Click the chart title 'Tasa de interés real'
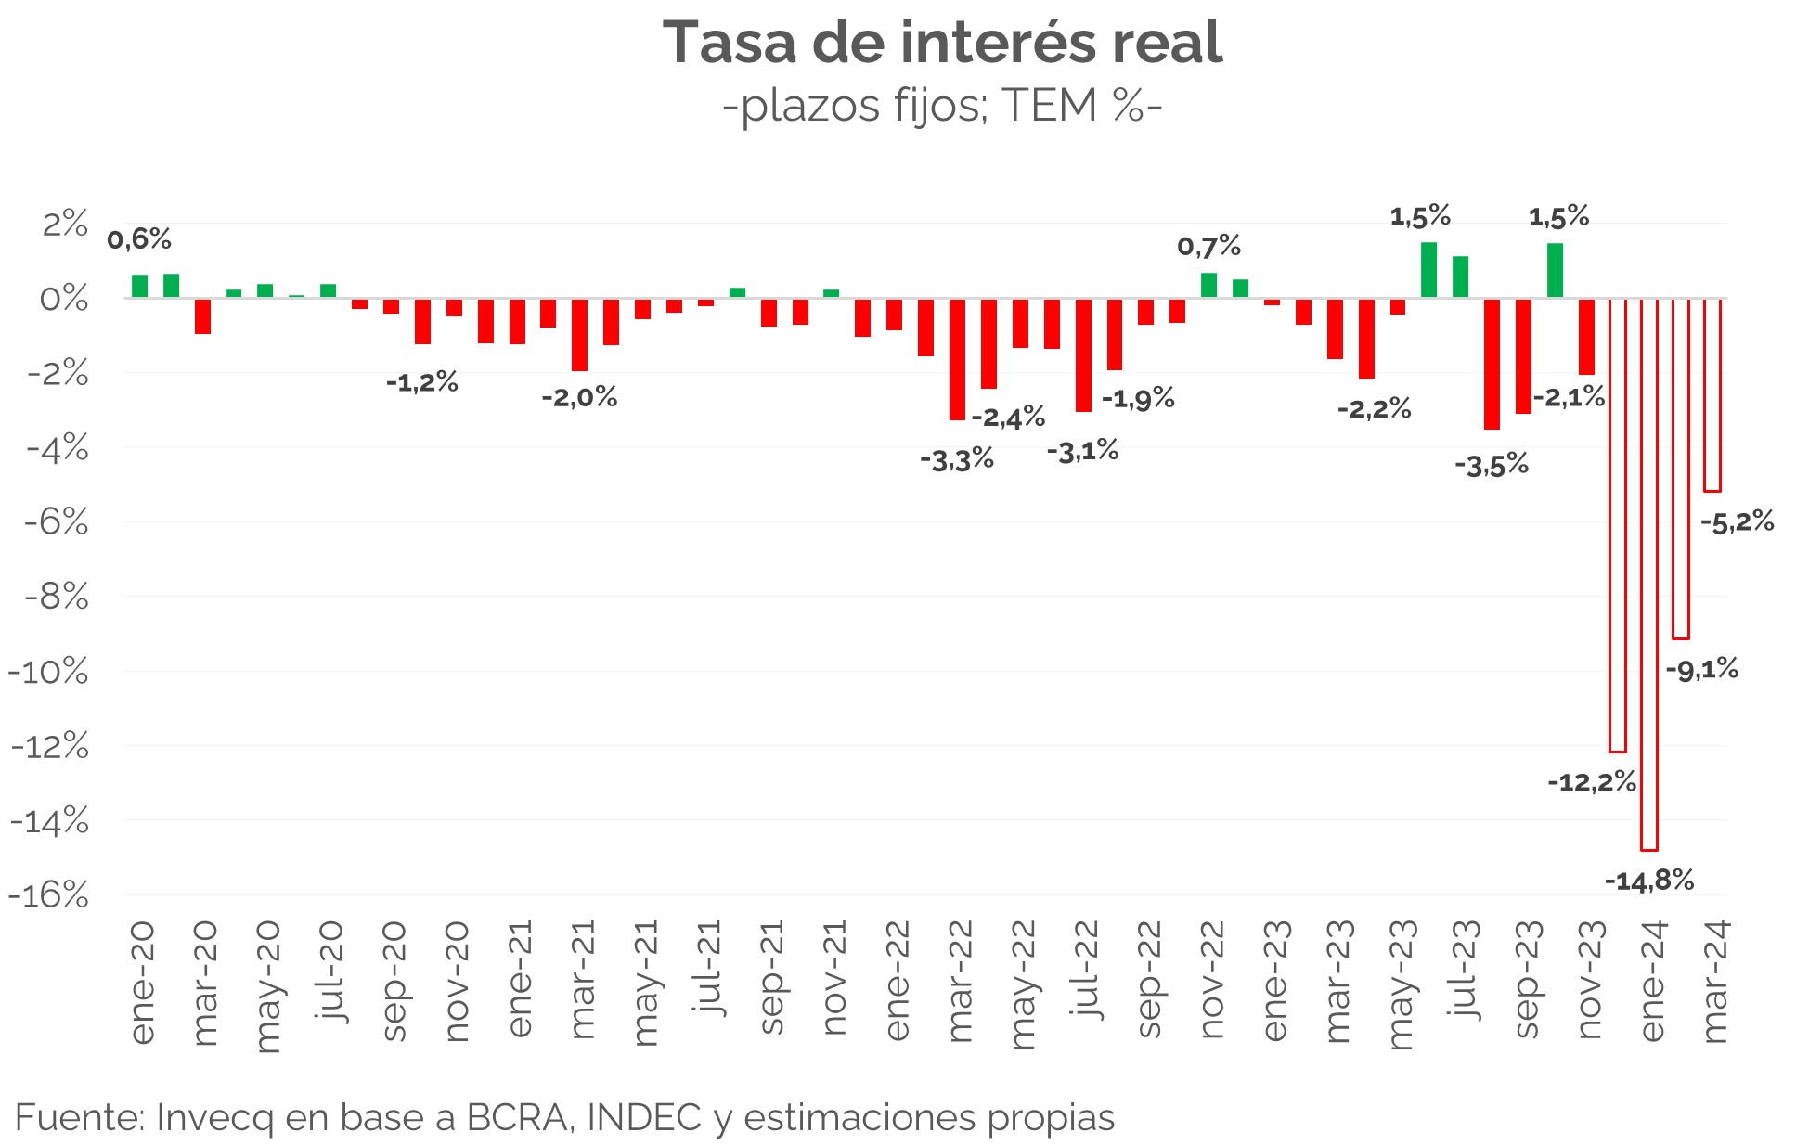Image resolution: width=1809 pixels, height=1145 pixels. (x=942, y=43)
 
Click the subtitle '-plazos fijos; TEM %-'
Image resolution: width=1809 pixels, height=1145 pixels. (x=942, y=106)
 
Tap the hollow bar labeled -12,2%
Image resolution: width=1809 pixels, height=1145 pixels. (x=1618, y=524)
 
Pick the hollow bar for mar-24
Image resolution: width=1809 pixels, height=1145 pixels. (x=1712, y=394)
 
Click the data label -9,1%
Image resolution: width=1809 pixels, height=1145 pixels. (x=1702, y=669)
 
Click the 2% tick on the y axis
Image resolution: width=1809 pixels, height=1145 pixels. (x=65, y=225)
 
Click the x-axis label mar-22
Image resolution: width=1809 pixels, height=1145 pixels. (x=960, y=982)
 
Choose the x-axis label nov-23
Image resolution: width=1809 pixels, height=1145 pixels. (x=1589, y=981)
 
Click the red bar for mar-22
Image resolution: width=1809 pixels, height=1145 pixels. (x=957, y=359)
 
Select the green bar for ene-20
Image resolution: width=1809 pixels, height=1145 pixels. (x=140, y=286)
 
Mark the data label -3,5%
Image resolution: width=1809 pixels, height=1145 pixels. (x=1491, y=466)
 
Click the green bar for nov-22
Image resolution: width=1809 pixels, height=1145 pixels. (x=1208, y=285)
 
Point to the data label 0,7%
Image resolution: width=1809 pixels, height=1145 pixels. (x=1208, y=247)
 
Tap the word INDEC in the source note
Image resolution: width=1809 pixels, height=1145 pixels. (x=644, y=1117)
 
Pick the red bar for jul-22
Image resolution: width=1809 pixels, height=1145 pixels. (x=1083, y=354)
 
